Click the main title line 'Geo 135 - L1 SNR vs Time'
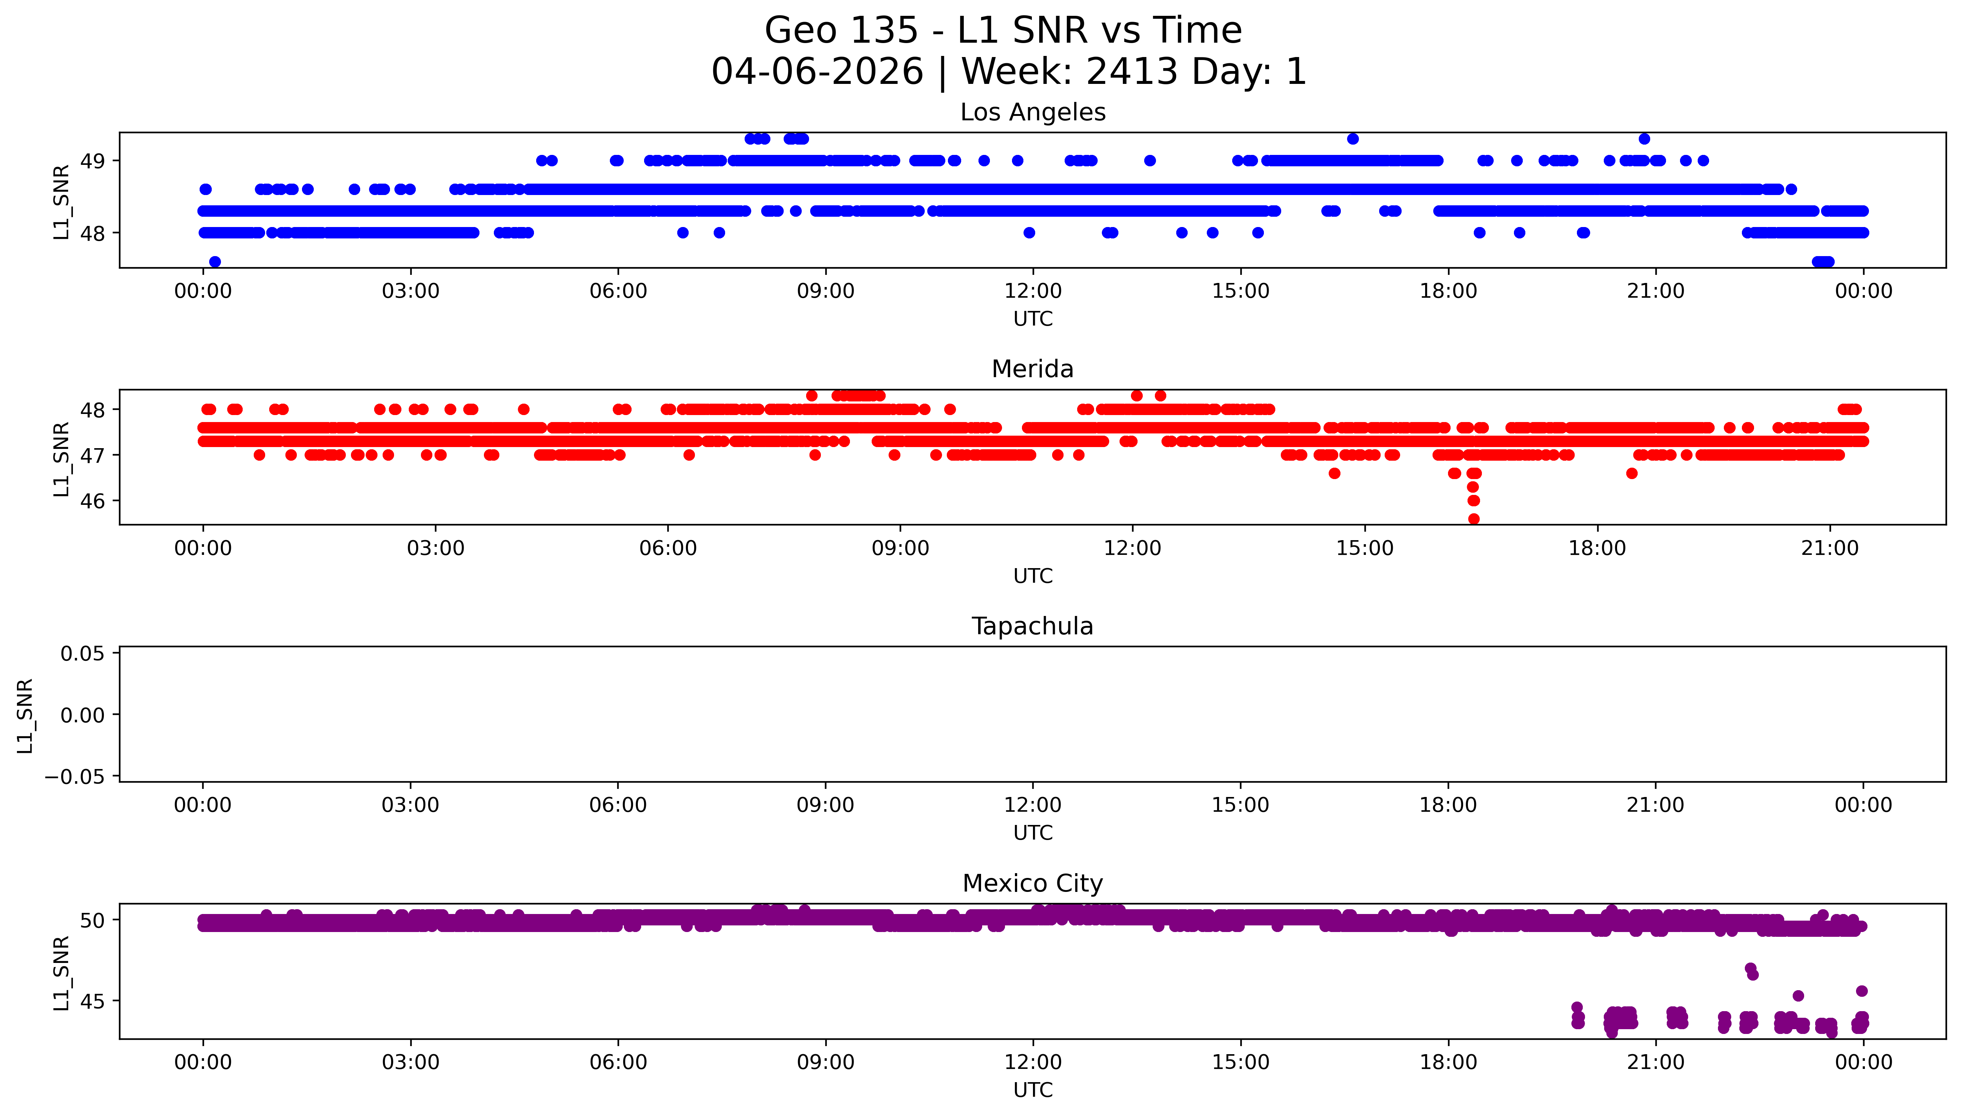1003,31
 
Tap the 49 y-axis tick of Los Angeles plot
93,161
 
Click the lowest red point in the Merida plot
1473,519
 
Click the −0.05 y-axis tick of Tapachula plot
74,776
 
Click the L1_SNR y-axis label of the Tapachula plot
25,715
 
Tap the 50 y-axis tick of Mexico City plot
93,920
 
